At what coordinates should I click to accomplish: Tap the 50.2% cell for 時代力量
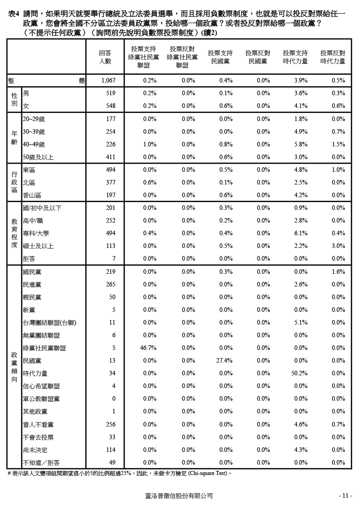[300, 373]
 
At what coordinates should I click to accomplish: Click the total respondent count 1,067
[108, 81]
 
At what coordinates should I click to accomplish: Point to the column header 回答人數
[105, 57]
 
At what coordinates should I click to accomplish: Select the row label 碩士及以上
[38, 246]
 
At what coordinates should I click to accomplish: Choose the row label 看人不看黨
[38, 425]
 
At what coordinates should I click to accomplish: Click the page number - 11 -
[345, 496]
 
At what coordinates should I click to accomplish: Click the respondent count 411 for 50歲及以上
[111, 157]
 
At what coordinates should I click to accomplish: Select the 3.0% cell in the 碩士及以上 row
[338, 246]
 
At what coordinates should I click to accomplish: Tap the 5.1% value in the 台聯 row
[301, 323]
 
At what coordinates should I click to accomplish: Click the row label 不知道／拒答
[41, 463]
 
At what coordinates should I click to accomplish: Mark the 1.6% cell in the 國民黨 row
[338, 272]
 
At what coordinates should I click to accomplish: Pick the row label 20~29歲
[34, 119]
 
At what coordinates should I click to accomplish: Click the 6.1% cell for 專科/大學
[301, 233]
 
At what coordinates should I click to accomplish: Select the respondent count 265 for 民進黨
[111, 285]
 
